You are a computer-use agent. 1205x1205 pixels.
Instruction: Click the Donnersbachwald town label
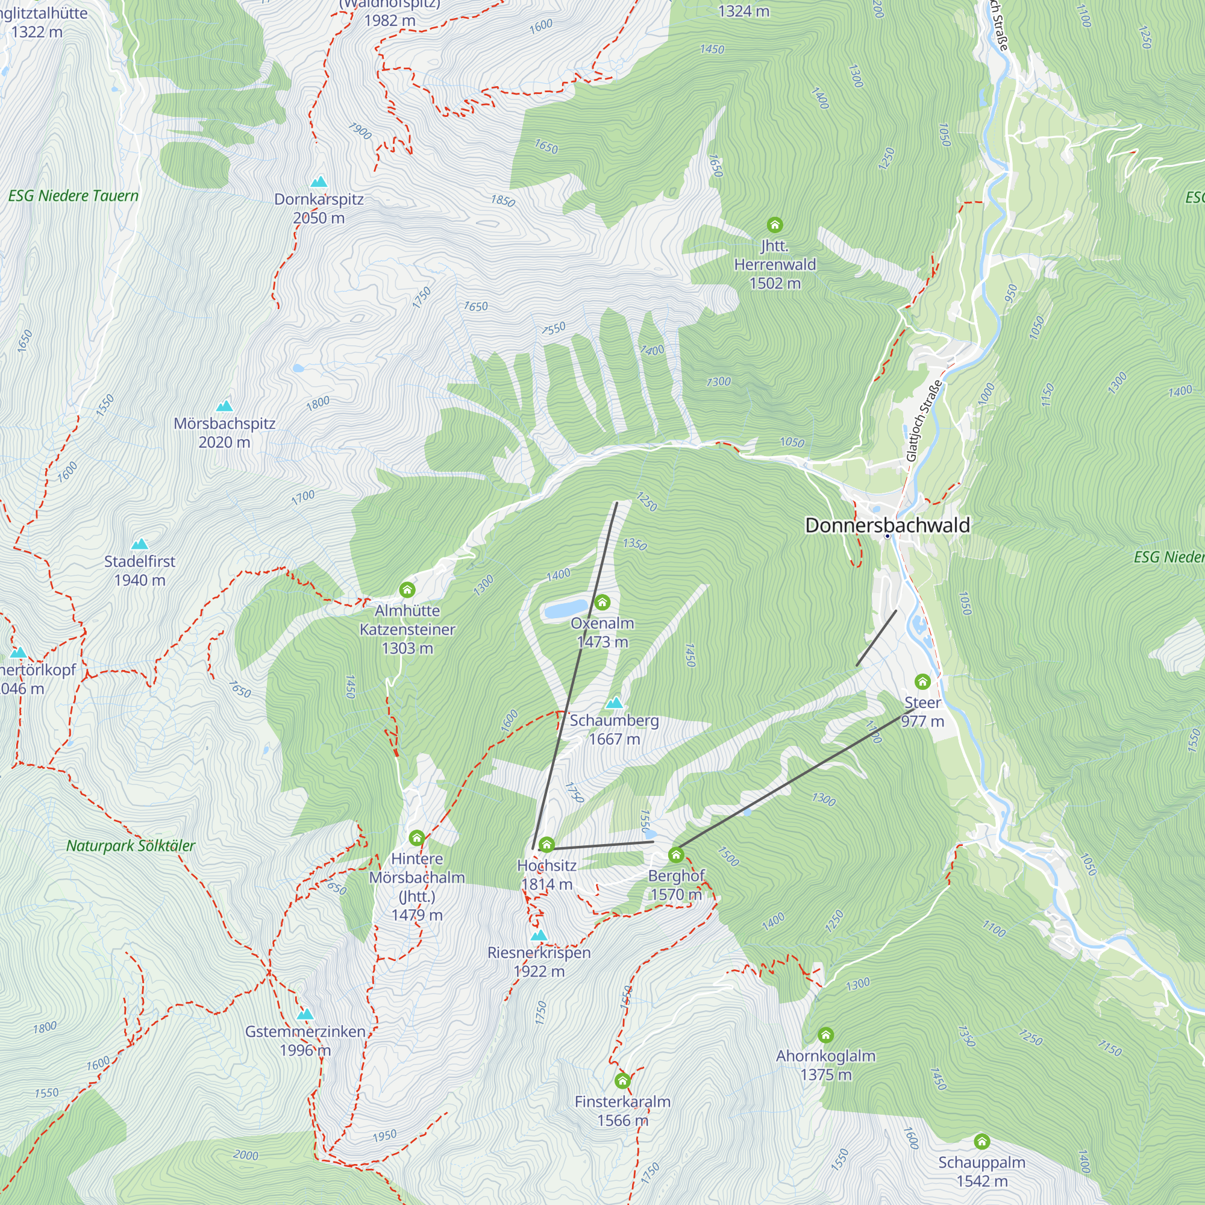click(x=887, y=525)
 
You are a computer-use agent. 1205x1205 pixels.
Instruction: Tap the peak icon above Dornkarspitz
click(x=319, y=182)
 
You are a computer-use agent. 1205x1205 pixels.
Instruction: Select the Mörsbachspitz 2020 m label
click(x=225, y=433)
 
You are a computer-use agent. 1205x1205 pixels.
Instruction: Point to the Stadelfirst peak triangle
click(x=140, y=544)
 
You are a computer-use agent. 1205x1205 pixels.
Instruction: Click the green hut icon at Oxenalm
click(x=602, y=602)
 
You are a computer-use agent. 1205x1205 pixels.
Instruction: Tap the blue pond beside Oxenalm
click(x=565, y=609)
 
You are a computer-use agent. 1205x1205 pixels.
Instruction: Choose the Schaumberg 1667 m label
click(x=615, y=730)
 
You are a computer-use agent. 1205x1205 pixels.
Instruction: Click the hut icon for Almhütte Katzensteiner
click(x=407, y=589)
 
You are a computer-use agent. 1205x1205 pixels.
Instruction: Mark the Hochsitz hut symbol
click(x=546, y=845)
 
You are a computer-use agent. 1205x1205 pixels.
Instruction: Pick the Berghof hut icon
click(x=676, y=855)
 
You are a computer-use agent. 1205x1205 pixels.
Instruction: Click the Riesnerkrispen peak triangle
click(x=539, y=936)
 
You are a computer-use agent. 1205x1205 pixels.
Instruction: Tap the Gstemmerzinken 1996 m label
click(x=305, y=1041)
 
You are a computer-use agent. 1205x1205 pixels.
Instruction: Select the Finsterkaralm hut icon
click(x=622, y=1081)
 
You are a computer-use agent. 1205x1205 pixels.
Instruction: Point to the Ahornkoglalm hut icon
click(x=826, y=1035)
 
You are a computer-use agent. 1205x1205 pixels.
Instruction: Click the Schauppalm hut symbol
click(x=981, y=1142)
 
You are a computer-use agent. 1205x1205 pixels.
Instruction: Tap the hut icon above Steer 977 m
click(x=922, y=681)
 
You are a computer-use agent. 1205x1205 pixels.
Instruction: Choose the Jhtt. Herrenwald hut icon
click(x=775, y=225)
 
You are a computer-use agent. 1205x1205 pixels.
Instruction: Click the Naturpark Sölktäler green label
click(x=130, y=847)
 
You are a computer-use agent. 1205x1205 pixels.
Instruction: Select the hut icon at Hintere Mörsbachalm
click(x=417, y=838)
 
